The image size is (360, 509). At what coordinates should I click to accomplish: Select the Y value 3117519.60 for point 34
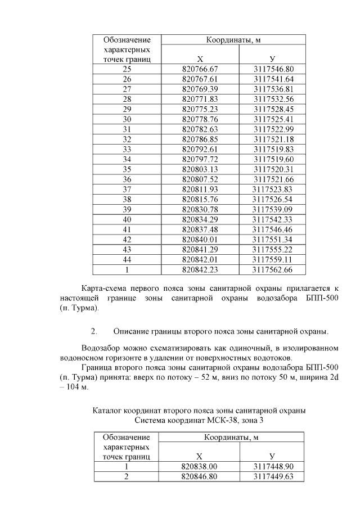pyautogui.click(x=273, y=160)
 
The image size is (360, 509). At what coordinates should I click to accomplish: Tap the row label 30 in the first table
pyautogui.click(x=127, y=119)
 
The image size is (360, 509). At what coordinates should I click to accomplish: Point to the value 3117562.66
pyautogui.click(x=273, y=270)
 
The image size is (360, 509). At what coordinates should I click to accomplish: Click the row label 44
pyautogui.click(x=127, y=260)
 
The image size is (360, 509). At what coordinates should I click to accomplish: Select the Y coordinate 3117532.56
pyautogui.click(x=273, y=99)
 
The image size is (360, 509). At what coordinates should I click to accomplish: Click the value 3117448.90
pyautogui.click(x=273, y=467)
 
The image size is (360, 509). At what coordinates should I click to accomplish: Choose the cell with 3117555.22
pyautogui.click(x=273, y=250)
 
